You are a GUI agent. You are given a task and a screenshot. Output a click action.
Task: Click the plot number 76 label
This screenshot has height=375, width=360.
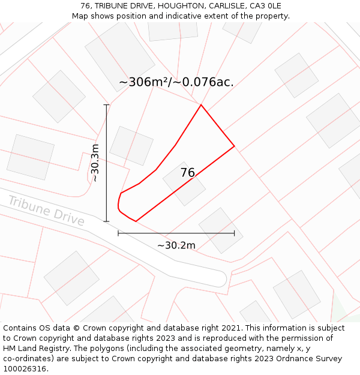click(x=188, y=173)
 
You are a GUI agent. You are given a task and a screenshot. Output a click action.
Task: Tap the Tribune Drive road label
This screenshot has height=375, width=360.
click(x=46, y=211)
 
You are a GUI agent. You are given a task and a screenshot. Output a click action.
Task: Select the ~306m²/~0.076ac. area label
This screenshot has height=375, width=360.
click(x=176, y=82)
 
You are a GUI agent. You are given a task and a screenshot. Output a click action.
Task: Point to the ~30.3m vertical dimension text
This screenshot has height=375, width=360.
click(x=95, y=163)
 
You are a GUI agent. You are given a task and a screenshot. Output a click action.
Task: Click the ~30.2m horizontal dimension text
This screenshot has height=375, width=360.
click(x=176, y=245)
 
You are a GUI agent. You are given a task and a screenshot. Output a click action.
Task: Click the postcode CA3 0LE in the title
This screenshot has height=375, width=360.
click(x=266, y=6)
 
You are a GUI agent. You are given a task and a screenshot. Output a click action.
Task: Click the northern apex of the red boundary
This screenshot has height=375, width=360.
click(x=201, y=105)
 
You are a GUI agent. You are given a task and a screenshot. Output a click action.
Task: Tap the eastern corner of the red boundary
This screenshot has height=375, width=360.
click(x=234, y=146)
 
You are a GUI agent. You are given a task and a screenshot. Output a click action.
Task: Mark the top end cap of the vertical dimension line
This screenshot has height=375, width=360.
click(x=107, y=105)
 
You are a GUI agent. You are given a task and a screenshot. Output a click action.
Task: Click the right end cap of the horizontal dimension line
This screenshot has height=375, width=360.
click(x=234, y=233)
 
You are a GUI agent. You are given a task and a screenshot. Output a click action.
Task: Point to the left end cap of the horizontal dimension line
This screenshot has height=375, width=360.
click(x=118, y=233)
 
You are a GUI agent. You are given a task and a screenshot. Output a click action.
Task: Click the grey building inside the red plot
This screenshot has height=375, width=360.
click(x=184, y=183)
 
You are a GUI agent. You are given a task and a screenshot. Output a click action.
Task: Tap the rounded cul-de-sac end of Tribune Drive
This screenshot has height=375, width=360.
click(x=220, y=278)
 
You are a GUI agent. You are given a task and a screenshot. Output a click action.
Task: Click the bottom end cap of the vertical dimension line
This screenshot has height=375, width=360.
click(x=107, y=221)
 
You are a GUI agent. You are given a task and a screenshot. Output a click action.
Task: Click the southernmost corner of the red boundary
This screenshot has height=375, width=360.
click(x=136, y=221)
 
